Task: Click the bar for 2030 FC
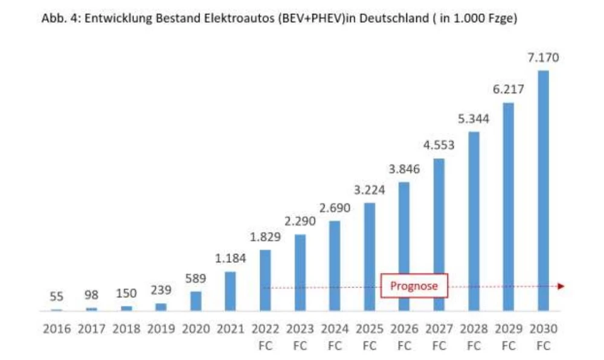pos(544,190)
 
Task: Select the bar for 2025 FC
pos(370,257)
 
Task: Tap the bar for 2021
pos(231,291)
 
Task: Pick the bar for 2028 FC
pos(474,221)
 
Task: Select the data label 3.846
pos(404,169)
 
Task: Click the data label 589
pos(196,278)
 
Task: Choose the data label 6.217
pos(509,89)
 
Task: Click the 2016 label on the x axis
pos(56,329)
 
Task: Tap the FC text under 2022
pos(265,346)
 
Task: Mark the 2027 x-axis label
pos(439,329)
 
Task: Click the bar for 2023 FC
pos(300,272)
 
